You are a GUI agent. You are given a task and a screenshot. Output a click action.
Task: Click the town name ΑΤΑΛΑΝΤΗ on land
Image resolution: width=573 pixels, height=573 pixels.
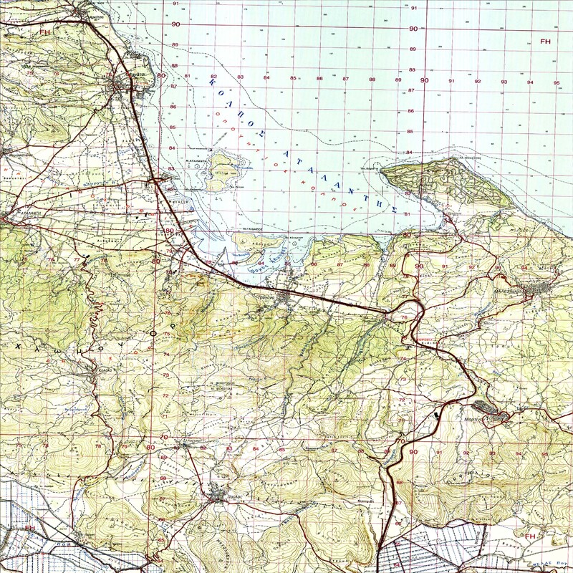tap(21, 213)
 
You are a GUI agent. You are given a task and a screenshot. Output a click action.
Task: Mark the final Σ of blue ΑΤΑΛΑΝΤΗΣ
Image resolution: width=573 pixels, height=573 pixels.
tap(393, 206)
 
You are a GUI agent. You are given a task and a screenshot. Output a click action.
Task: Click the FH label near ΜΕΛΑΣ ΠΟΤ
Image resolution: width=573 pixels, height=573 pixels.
tap(531, 536)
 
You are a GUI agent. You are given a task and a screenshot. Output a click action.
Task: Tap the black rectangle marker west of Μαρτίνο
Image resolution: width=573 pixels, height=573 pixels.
tap(437, 414)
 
